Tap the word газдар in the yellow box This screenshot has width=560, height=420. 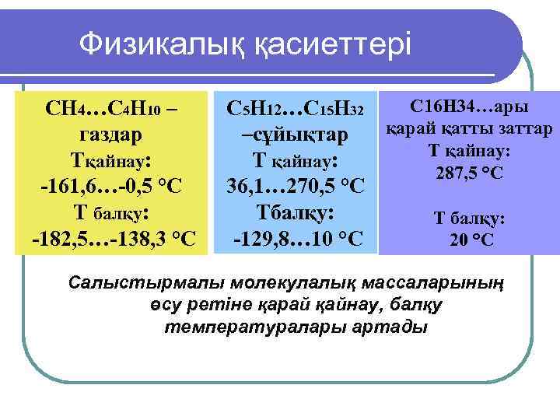click(110, 134)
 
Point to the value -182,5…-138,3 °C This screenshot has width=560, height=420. click(114, 238)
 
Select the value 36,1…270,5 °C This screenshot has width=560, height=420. click(295, 187)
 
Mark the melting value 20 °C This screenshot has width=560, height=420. click(471, 240)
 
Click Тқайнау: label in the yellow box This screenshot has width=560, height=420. click(111, 160)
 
